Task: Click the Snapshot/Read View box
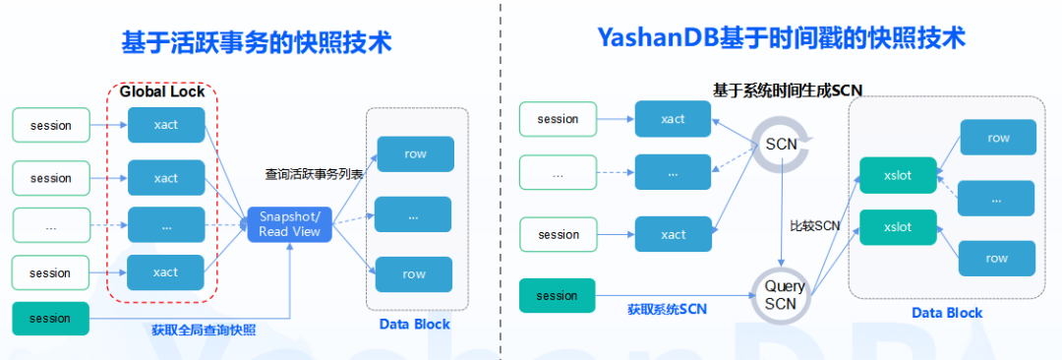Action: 290,224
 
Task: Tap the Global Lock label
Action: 162,91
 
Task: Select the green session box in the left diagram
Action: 51,319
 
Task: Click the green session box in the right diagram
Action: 557,296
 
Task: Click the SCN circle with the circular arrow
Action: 782,145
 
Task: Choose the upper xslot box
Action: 898,175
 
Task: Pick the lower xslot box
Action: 898,227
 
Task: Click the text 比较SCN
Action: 815,226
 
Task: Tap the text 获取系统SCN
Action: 667,310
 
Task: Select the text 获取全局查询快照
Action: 204,330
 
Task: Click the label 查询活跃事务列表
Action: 315,174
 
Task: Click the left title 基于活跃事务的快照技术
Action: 257,42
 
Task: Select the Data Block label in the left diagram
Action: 415,324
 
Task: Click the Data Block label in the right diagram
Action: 947,313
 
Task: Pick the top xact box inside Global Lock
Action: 166,125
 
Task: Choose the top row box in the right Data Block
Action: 998,138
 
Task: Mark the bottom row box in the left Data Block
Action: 415,274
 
